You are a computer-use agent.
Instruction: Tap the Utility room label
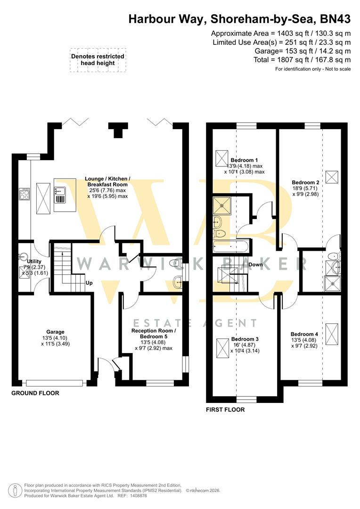pyautogui.click(x=34, y=261)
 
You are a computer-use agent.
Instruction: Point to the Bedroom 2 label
pyautogui.click(x=306, y=182)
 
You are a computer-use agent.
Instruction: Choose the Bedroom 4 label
pyautogui.click(x=304, y=334)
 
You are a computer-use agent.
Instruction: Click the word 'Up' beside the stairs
pyautogui.click(x=89, y=284)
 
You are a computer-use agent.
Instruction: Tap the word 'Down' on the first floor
pyautogui.click(x=256, y=264)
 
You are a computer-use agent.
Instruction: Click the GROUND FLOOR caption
pyautogui.click(x=35, y=393)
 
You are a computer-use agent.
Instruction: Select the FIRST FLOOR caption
pyautogui.click(x=225, y=410)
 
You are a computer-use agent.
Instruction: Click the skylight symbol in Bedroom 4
pyautogui.click(x=332, y=329)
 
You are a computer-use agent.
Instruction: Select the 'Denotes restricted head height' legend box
pyautogui.click(x=98, y=60)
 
